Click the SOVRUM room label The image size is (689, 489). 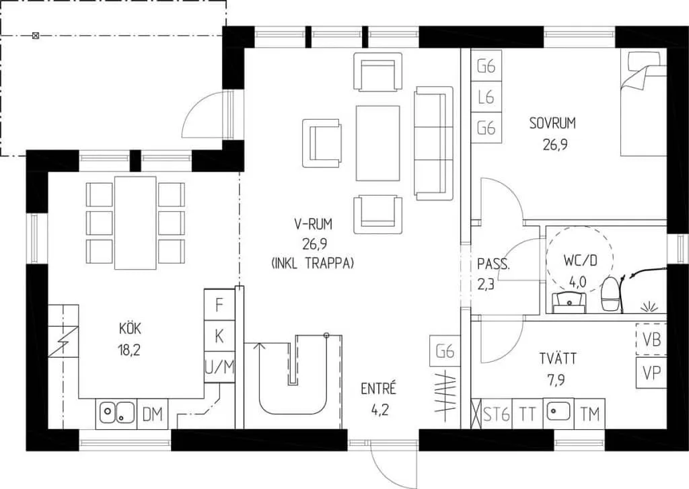click(x=552, y=124)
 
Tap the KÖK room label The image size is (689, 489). click(x=130, y=328)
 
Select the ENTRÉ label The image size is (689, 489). click(x=378, y=388)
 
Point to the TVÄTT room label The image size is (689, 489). click(x=558, y=359)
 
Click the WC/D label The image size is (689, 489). click(x=581, y=260)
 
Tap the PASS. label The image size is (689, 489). click(x=493, y=264)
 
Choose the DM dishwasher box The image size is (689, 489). click(x=153, y=414)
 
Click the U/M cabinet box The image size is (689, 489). click(x=219, y=367)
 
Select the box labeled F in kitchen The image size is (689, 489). click(x=219, y=305)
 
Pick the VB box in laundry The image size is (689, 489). click(x=651, y=339)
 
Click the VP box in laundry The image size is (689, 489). click(x=651, y=373)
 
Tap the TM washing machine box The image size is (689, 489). click(x=589, y=414)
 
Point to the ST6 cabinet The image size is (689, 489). click(x=497, y=414)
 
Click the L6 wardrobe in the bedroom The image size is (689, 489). click(x=486, y=97)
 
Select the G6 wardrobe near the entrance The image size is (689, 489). click(x=445, y=351)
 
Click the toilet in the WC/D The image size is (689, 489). click(x=610, y=295)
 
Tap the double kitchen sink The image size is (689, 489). click(x=116, y=414)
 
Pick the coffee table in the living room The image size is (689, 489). click(x=378, y=143)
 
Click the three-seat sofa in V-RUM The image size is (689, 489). click(x=433, y=143)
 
